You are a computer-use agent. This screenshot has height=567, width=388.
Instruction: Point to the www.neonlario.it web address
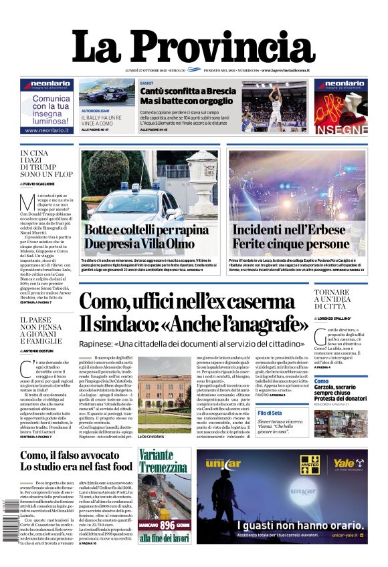click(47, 131)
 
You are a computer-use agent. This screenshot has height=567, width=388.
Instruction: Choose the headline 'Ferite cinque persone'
click(291, 244)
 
